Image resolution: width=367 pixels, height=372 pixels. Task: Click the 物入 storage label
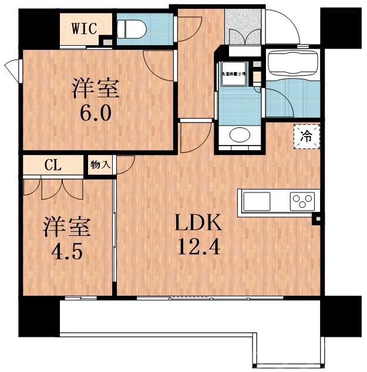point(100,164)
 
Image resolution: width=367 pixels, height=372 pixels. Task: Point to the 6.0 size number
point(96,112)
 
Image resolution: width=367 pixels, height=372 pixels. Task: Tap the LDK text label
point(198,223)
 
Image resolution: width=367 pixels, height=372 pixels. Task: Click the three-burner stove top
point(302,202)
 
